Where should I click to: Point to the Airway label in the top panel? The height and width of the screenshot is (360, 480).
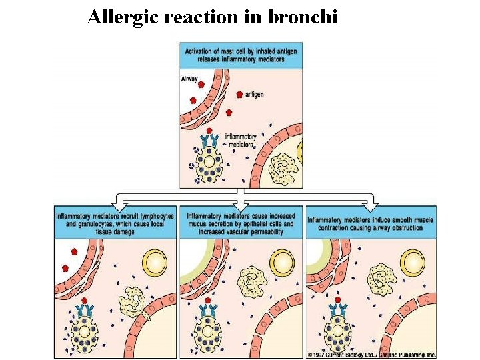pyautogui.click(x=189, y=79)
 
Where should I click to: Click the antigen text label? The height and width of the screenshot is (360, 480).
pyautogui.click(x=254, y=95)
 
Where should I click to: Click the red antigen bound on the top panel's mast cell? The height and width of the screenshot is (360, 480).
pyautogui.click(x=209, y=131)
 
